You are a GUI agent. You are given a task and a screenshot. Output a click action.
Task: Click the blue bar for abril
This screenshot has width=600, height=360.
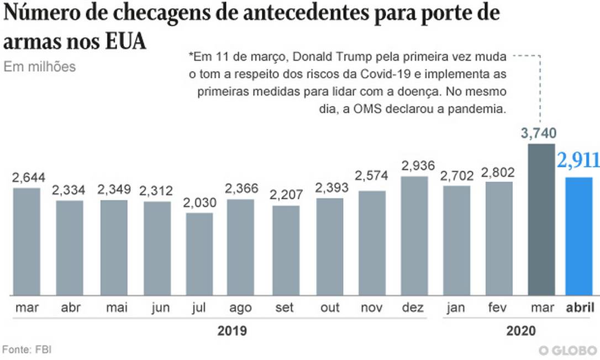tap(579, 236)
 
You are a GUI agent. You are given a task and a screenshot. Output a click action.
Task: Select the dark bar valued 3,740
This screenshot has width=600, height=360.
tap(541, 220)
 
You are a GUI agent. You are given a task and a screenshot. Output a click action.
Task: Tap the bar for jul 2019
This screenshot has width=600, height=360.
tap(199, 254)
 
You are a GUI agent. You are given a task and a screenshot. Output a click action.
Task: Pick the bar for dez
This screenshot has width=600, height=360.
tap(415, 236)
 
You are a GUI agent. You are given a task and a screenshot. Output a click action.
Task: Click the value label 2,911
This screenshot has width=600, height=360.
tap(578, 161)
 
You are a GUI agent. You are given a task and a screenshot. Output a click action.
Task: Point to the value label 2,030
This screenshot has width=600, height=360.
tap(199, 203)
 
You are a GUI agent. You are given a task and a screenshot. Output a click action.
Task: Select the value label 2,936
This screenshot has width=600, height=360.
tap(418, 166)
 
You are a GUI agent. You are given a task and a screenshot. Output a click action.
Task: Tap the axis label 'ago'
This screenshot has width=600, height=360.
tap(241, 308)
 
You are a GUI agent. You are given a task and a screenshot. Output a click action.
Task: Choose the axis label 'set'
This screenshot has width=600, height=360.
tap(285, 308)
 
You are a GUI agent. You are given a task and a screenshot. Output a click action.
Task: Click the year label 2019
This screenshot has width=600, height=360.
tap(232, 331)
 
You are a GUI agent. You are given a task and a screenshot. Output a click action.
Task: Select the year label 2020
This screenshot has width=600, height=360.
tap(520, 331)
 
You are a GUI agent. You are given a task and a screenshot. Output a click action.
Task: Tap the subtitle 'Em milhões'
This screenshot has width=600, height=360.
tap(40, 67)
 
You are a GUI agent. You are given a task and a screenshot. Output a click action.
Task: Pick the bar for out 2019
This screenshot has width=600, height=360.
tap(330, 246)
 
